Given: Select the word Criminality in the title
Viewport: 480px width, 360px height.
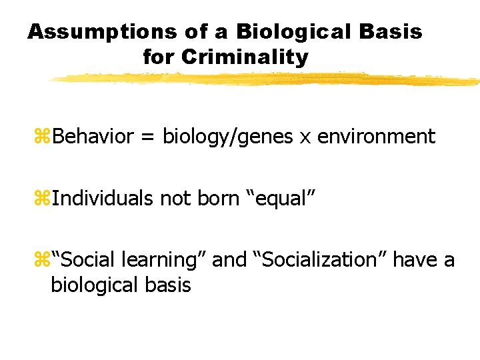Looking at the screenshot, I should click(x=244, y=57).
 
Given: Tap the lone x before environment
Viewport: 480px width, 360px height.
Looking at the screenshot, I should click(x=305, y=138).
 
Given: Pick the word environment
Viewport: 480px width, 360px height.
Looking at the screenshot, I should click(x=377, y=137).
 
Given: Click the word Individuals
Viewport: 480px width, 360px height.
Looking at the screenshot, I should click(x=104, y=198).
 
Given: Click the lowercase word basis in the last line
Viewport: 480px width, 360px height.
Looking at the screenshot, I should click(x=169, y=285).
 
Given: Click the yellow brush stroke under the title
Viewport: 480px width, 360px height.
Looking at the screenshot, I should click(x=267, y=79).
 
